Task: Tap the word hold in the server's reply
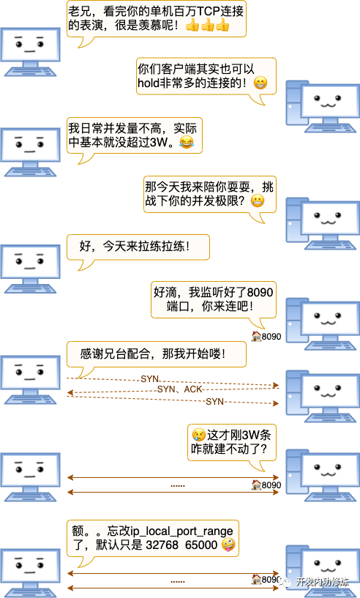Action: pos(149,83)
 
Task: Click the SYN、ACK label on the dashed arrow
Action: pos(179,389)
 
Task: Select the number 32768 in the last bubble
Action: pos(162,545)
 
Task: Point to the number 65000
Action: pos(201,545)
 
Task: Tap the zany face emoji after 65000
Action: pos(228,545)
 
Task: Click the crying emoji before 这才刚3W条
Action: pos(198,434)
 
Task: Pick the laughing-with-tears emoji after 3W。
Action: pos(187,142)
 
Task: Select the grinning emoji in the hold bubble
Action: pos(260,83)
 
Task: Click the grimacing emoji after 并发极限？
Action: pos(258,201)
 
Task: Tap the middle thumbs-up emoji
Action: pos(208,25)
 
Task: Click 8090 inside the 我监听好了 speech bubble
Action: pos(260,293)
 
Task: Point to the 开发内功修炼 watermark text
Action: pos(322,582)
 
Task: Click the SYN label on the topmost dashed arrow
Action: pos(149,378)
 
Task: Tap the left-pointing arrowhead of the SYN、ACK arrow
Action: pos(70,392)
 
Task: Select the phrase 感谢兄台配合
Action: pos(114,354)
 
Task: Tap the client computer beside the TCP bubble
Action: pos(30,52)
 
